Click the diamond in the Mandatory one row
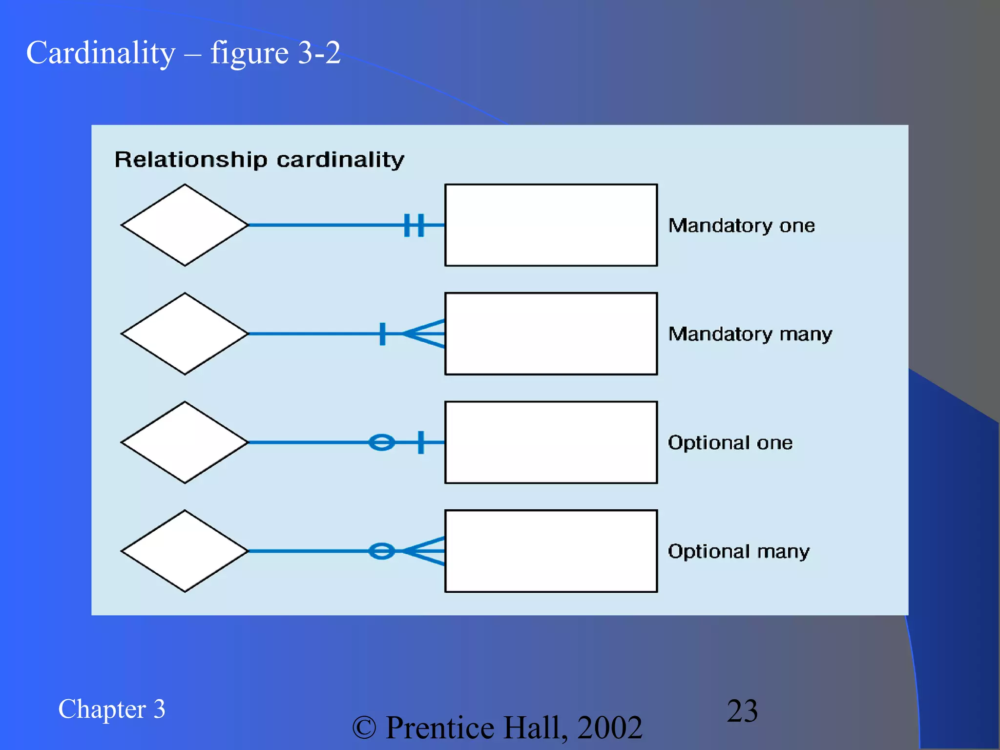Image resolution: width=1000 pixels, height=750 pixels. (x=185, y=225)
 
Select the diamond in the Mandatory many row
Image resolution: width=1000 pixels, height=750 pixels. (x=185, y=334)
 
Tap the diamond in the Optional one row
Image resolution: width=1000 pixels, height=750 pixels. (x=185, y=442)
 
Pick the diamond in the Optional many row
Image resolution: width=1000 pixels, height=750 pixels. (x=185, y=551)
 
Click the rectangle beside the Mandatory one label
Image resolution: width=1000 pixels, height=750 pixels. (x=551, y=225)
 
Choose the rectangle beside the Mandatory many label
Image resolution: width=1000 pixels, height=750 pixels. (x=551, y=334)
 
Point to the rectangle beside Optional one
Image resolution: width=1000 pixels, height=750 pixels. (x=551, y=442)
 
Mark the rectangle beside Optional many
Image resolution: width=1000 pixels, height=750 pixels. (x=551, y=551)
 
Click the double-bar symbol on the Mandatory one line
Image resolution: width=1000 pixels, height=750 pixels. (x=414, y=225)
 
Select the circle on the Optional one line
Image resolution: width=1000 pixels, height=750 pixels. (x=382, y=442)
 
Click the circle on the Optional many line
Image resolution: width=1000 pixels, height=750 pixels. (x=382, y=551)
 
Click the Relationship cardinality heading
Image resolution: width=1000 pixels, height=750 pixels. (x=259, y=160)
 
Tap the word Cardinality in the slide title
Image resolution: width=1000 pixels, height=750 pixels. (x=101, y=53)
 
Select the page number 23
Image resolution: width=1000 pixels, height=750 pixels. (x=742, y=710)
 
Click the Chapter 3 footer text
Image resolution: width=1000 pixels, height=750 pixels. (x=112, y=709)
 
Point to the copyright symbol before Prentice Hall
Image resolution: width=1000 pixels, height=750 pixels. (x=364, y=728)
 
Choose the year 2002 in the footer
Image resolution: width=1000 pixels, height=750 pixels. (x=610, y=728)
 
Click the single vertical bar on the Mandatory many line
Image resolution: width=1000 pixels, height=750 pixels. (x=382, y=334)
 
